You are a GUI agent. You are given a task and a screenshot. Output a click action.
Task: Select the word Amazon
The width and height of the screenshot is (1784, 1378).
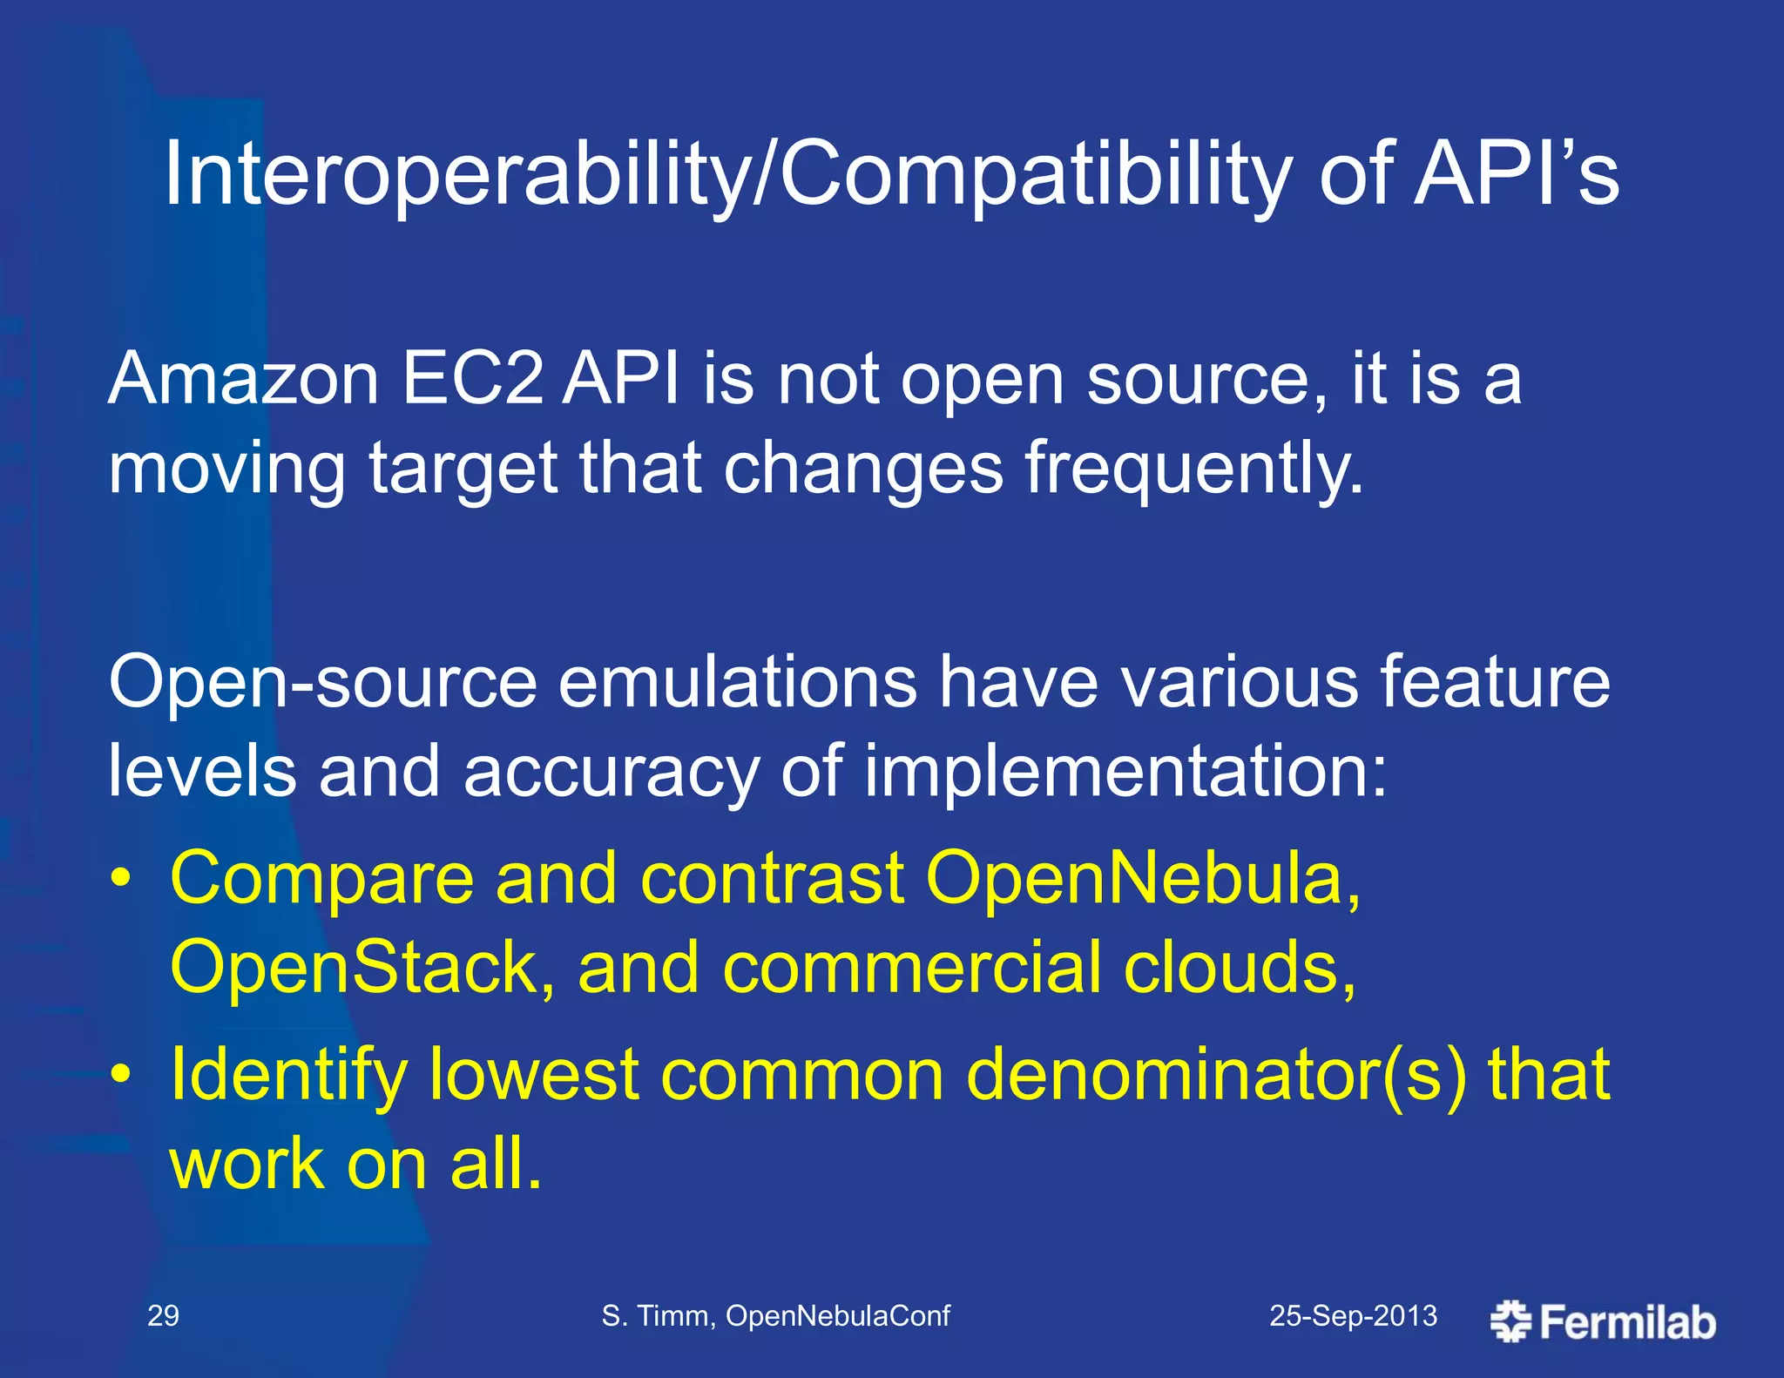click(x=244, y=380)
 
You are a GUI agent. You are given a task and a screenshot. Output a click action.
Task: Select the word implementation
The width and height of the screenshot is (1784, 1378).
click(x=1124, y=772)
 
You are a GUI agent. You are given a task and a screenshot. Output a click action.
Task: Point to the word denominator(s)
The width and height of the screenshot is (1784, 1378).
click(x=1216, y=1074)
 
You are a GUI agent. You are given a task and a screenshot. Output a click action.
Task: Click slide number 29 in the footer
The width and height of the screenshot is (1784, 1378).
click(x=163, y=1315)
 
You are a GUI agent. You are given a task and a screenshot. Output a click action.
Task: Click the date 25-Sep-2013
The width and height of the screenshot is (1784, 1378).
click(x=1353, y=1315)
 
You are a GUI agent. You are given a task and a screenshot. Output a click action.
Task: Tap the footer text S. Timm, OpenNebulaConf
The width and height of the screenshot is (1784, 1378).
click(x=775, y=1315)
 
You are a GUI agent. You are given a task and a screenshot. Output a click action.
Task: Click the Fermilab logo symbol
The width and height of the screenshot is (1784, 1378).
click(x=1510, y=1321)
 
